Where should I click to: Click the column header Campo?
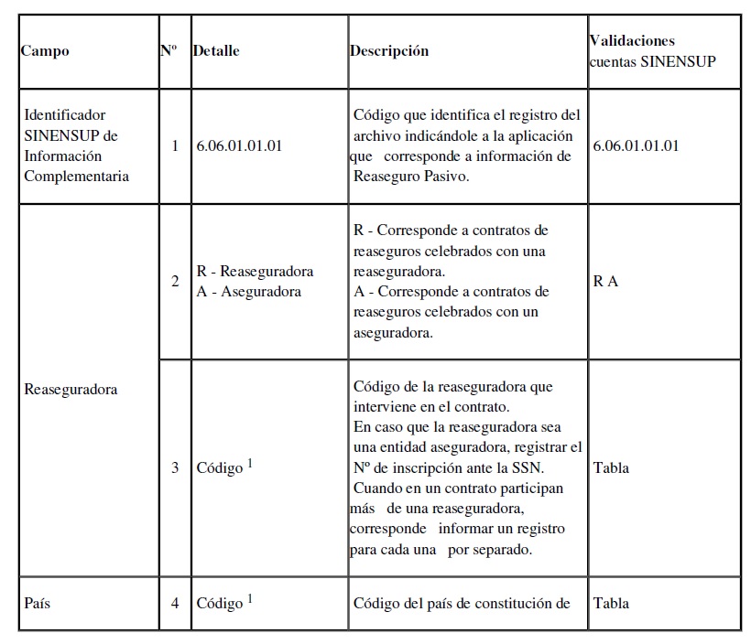click(45, 51)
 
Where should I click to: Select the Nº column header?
click(169, 50)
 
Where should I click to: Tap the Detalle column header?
click(216, 51)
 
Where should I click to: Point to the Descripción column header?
click(389, 51)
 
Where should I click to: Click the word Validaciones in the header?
click(631, 41)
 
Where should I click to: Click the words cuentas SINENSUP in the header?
click(652, 60)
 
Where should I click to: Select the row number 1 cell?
click(175, 145)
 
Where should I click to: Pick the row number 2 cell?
click(175, 281)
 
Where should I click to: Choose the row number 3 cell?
click(175, 467)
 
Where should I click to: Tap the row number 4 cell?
click(175, 603)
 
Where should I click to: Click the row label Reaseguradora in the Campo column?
click(71, 389)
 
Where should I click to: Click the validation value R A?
click(605, 281)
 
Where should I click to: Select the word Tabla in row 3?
click(611, 467)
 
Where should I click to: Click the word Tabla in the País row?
click(611, 603)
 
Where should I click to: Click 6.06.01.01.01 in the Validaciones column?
click(636, 145)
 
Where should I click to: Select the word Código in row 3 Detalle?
click(220, 468)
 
